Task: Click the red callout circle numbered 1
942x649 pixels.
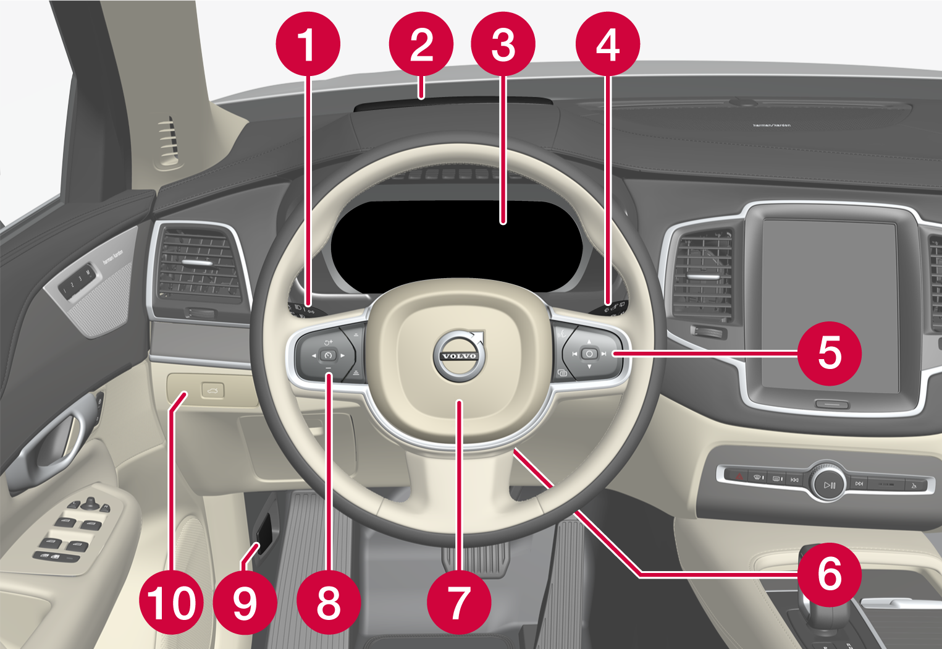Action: tap(308, 45)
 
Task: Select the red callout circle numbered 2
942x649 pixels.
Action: tap(421, 45)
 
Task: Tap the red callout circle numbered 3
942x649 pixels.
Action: tap(503, 45)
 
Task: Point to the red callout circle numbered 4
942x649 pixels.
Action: tap(607, 45)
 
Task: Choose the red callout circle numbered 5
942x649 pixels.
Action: tap(829, 353)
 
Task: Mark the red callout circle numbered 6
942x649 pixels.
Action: tap(829, 574)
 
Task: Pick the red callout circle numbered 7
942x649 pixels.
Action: tap(458, 602)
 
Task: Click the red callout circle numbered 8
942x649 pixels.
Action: tap(328, 602)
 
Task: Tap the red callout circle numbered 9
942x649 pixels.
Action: tap(245, 602)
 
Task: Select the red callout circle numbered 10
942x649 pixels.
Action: tap(171, 602)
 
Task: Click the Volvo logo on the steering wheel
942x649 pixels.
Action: tap(460, 355)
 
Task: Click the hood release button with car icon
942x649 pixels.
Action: tap(212, 391)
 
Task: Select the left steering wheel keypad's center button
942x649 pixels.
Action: tap(328, 355)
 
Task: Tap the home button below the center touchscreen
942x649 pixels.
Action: tap(831, 404)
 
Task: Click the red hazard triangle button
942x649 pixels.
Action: tap(739, 476)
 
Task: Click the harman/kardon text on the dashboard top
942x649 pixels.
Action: tap(772, 125)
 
